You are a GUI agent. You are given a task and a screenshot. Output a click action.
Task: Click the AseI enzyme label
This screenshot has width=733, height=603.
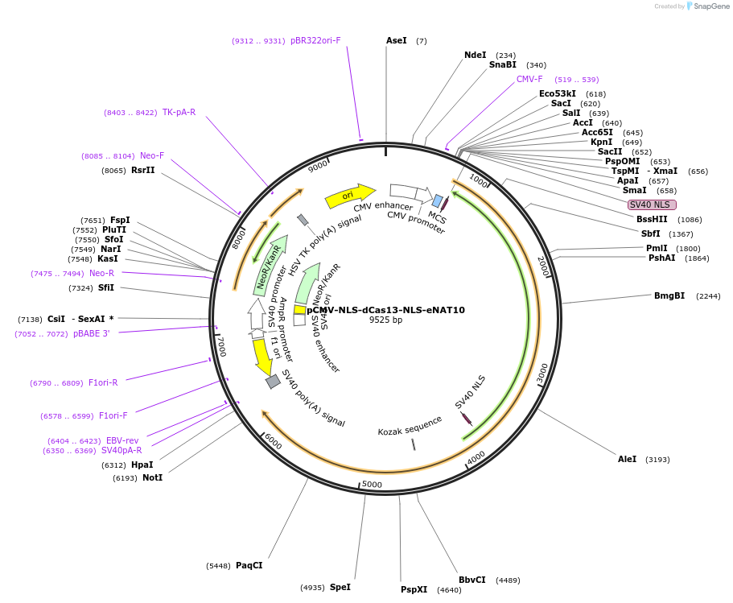397,40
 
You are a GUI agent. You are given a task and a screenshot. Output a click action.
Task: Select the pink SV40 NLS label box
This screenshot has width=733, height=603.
652,204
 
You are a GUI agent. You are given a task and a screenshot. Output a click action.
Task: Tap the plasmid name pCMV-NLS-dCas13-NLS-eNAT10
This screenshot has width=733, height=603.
385,310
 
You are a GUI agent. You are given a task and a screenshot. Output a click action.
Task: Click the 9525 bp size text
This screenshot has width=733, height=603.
385,320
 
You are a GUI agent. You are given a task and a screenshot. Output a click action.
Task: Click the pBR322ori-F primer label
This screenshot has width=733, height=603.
315,40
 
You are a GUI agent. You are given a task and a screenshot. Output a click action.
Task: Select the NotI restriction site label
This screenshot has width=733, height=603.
152,477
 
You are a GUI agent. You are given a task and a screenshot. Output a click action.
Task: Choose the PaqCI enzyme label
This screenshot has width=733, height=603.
249,565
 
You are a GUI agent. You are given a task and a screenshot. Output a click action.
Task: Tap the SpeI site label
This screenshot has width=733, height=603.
340,587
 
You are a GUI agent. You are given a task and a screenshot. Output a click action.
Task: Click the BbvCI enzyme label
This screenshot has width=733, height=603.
472,580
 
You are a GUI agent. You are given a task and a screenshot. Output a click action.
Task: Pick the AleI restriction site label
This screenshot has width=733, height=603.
627,459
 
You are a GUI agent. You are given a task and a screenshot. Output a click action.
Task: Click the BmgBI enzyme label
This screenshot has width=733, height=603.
669,295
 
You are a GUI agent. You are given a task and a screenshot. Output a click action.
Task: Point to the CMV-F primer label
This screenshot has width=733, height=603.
529,79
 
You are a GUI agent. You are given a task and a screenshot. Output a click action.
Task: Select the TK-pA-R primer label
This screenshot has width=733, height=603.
179,112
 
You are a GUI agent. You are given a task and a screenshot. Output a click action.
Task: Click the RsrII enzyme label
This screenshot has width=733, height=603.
142,170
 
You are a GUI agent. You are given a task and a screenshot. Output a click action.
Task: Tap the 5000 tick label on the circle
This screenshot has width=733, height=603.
372,484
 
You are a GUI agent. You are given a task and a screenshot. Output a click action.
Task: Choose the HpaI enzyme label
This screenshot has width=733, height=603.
142,465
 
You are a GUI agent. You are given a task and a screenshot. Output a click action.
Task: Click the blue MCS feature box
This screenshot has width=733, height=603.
438,200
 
